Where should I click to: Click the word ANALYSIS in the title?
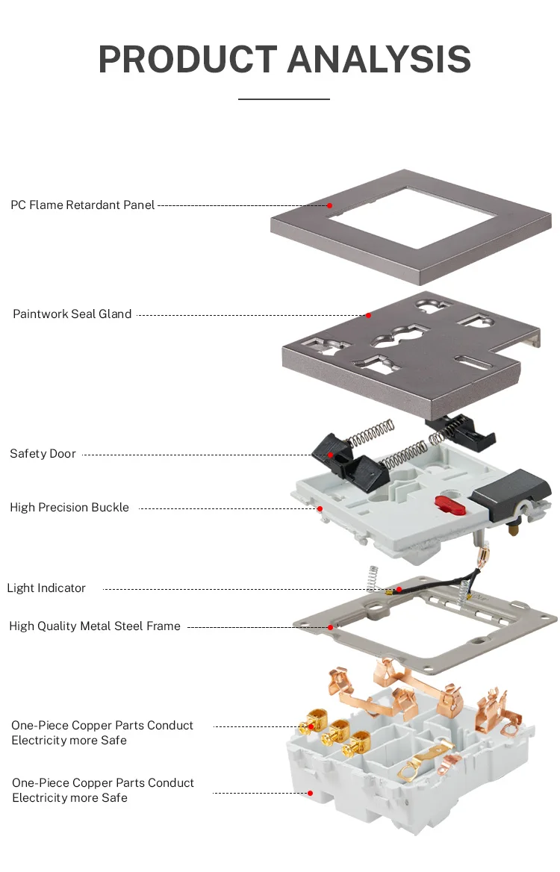click(379, 59)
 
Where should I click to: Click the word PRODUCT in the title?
click(187, 59)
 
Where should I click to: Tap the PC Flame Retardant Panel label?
click(82, 205)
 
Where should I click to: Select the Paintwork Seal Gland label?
click(72, 314)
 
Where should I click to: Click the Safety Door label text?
click(43, 454)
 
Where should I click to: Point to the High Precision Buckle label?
click(69, 508)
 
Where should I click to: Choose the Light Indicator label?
click(46, 588)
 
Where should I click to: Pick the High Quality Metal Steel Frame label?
click(95, 626)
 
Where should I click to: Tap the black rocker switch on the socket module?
click(517, 493)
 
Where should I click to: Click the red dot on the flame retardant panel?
click(329, 205)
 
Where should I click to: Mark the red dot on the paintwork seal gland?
click(368, 315)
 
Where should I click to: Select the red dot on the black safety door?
click(330, 454)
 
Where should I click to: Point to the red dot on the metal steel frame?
click(330, 627)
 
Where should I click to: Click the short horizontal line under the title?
click(284, 99)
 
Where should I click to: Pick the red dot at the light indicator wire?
click(399, 589)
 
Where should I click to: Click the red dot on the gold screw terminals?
click(311, 726)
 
